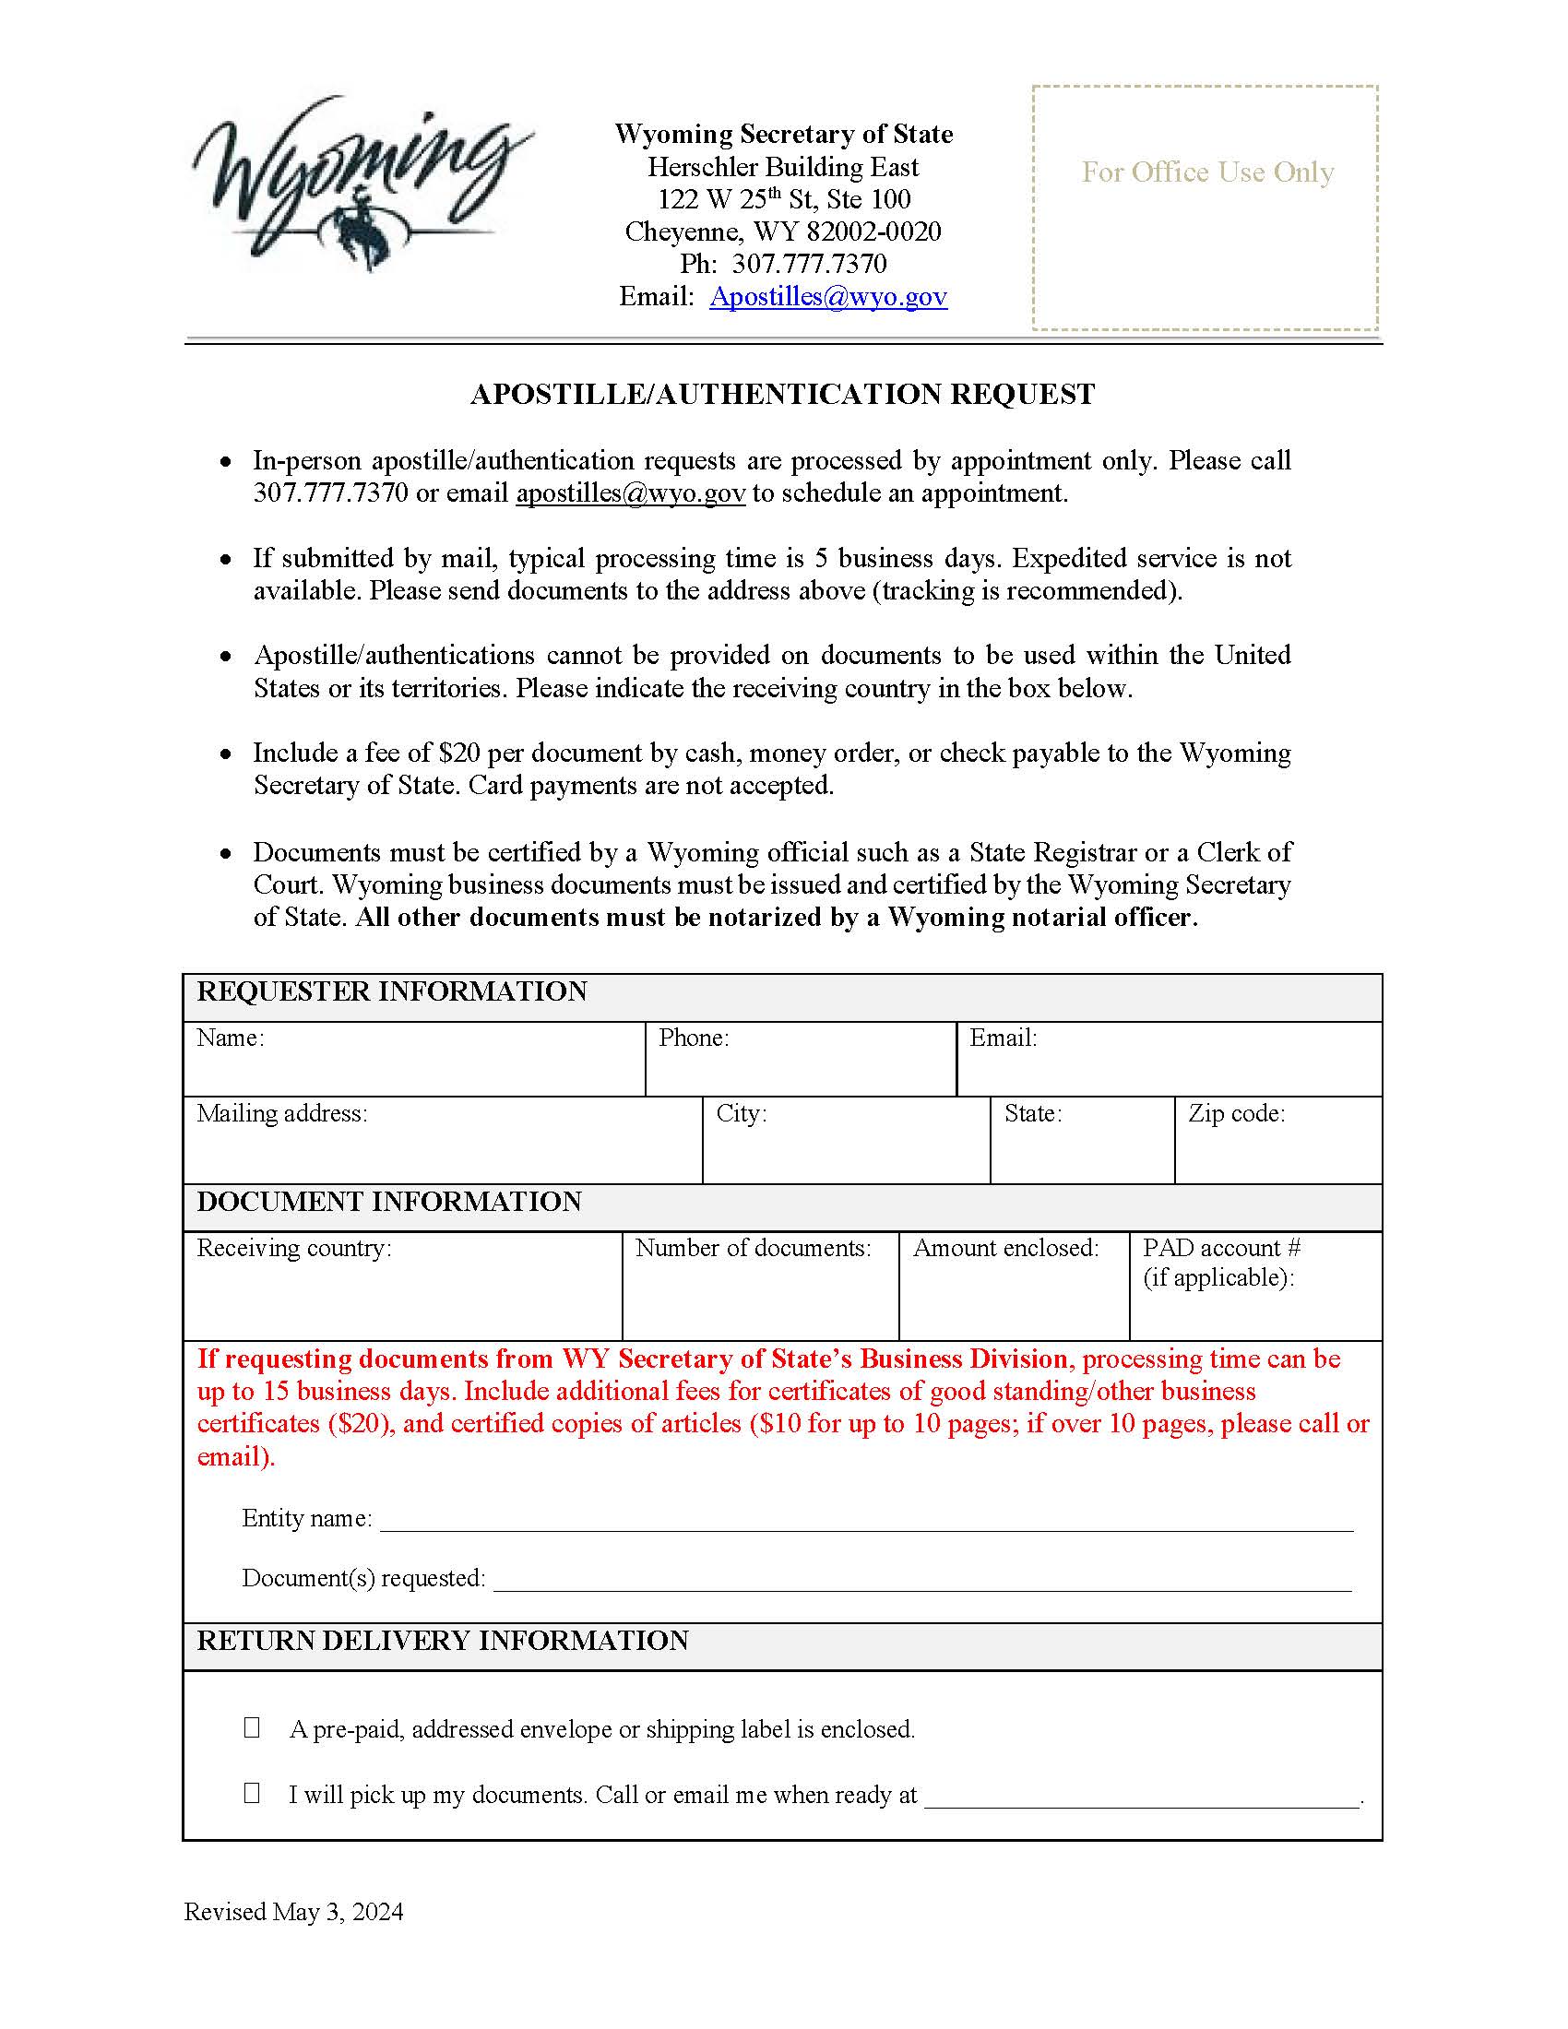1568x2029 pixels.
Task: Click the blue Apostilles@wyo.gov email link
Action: click(827, 296)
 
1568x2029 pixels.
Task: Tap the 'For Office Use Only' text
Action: click(1206, 172)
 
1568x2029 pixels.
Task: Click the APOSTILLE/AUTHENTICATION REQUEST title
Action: click(782, 394)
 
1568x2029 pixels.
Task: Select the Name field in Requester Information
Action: click(413, 1068)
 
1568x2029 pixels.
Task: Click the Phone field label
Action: click(693, 1038)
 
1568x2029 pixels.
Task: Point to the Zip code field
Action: click(1277, 1147)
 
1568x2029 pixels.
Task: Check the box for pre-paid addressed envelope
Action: click(252, 1727)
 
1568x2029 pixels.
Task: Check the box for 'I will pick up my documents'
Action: click(252, 1792)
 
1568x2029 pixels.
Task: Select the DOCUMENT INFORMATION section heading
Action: click(388, 1201)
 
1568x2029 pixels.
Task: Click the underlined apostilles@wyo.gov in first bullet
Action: click(630, 492)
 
